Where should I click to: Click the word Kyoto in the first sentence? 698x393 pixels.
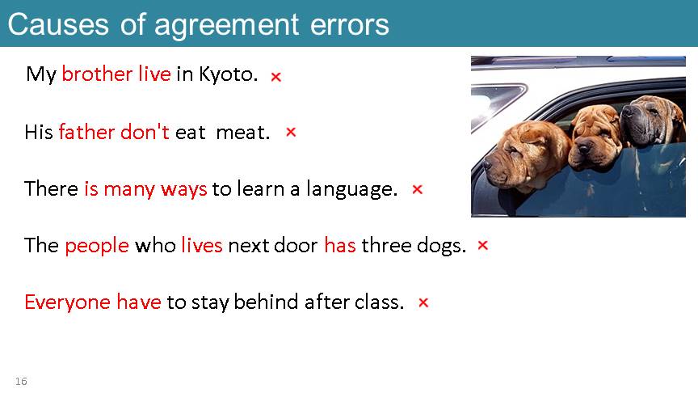228,74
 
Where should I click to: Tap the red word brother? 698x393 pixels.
97,74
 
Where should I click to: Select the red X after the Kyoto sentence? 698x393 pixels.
276,77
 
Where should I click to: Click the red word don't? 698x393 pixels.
145,132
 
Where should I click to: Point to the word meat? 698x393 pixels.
242,133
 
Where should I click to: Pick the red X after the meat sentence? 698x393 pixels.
291,132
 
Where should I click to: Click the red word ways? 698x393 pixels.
184,189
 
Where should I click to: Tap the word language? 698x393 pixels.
351,189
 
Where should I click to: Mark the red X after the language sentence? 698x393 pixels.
417,189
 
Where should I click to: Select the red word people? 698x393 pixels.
97,246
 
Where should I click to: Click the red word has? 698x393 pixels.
340,246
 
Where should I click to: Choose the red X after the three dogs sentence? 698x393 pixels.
483,245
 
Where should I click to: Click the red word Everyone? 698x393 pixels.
68,302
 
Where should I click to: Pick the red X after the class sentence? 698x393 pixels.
423,302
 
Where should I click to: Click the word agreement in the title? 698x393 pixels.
226,25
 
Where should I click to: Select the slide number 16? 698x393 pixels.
21,382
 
